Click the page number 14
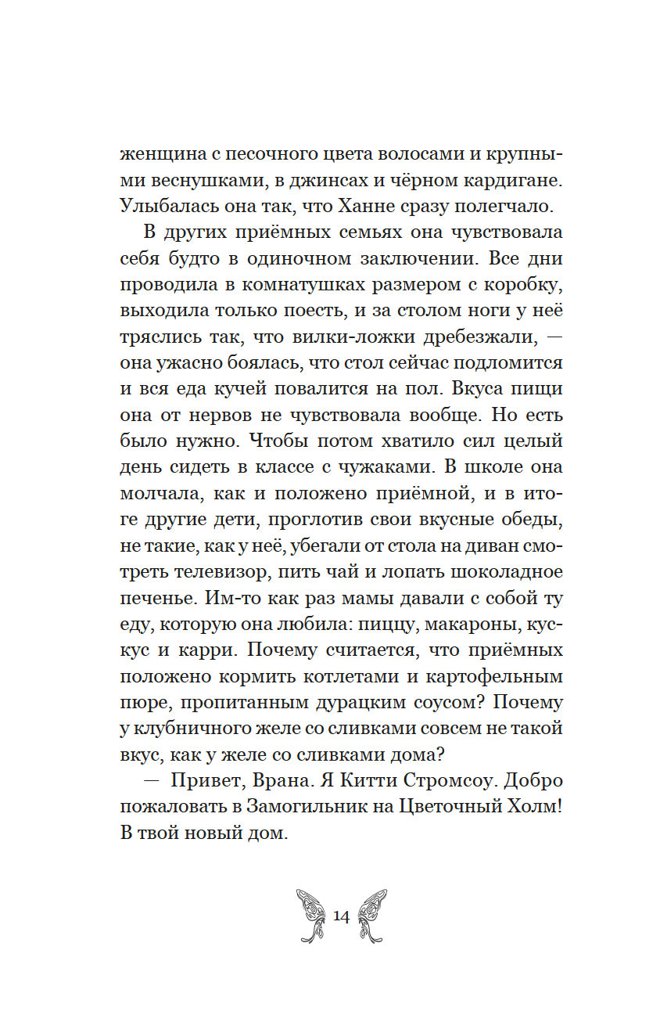click(341, 916)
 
